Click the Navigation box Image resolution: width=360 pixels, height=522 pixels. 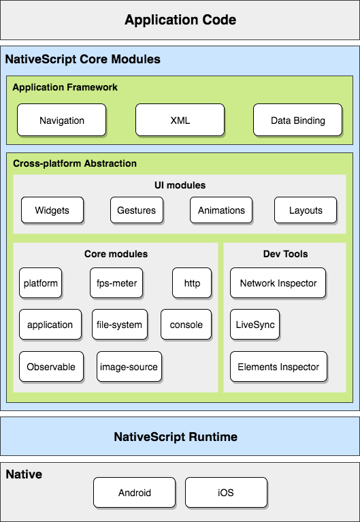(x=62, y=120)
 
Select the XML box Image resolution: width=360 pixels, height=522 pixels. (x=180, y=120)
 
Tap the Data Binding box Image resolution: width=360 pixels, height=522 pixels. (x=297, y=120)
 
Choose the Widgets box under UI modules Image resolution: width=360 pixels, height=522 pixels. (x=52, y=210)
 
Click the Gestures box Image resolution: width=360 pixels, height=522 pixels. (x=137, y=210)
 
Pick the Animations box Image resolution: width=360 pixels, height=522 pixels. (x=221, y=210)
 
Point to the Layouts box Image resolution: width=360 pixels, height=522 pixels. (x=306, y=210)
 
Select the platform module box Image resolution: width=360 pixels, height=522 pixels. (x=41, y=283)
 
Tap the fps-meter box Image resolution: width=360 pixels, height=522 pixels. (x=116, y=283)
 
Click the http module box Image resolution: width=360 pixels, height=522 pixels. (x=192, y=283)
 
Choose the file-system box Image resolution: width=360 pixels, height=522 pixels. (x=119, y=325)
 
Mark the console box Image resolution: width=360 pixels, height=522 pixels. (x=186, y=325)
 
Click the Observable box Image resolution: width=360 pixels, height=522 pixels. (x=51, y=367)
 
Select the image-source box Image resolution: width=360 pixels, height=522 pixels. (x=129, y=367)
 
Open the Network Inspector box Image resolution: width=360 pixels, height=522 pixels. (x=278, y=283)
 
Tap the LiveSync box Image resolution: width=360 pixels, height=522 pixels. (x=255, y=325)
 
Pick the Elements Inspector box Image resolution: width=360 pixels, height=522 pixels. (x=278, y=367)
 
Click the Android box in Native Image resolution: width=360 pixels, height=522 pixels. (x=134, y=493)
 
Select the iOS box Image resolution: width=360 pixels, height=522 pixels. (x=226, y=493)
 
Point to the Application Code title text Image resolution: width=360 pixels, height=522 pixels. (x=180, y=20)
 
